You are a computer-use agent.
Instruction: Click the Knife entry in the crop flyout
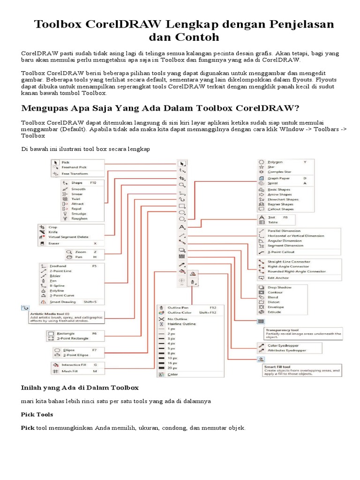[52, 232]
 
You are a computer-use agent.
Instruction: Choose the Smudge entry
[78, 213]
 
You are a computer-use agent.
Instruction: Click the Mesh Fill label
[66, 371]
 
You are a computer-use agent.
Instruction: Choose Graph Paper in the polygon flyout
[278, 178]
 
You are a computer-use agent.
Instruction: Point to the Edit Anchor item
[278, 278]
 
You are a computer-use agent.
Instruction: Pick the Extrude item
[275, 312]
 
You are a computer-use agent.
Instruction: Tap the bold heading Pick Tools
[37, 415]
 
